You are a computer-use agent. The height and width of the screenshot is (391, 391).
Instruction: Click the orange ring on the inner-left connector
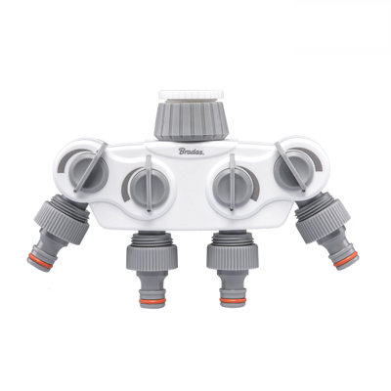pos(145,301)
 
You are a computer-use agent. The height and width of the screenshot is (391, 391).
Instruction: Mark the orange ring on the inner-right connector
pos(235,301)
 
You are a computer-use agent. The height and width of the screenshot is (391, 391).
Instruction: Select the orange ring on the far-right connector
pos(344,259)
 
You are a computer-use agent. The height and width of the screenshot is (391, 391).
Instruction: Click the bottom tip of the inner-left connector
pos(145,310)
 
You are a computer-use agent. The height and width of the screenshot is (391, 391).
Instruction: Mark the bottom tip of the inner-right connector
pos(235,310)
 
